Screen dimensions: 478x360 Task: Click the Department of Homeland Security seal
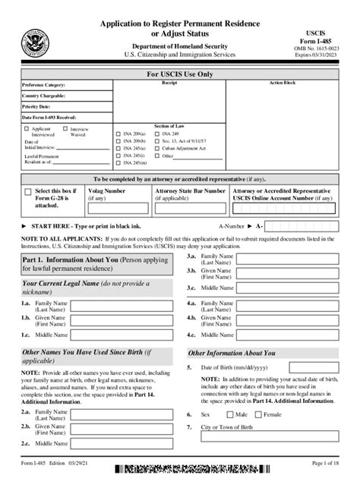35,43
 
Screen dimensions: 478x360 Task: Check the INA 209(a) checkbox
117,134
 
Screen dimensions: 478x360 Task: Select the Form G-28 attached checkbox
28,193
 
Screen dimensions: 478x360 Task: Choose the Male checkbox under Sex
230,415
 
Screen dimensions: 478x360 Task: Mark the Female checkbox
258,415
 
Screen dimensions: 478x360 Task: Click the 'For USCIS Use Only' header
179,73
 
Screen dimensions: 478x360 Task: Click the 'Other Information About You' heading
232,353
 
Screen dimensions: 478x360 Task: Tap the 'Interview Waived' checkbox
66,130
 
